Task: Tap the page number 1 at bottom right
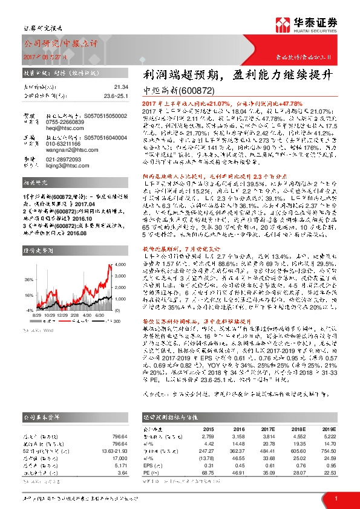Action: (x=336, y=498)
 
